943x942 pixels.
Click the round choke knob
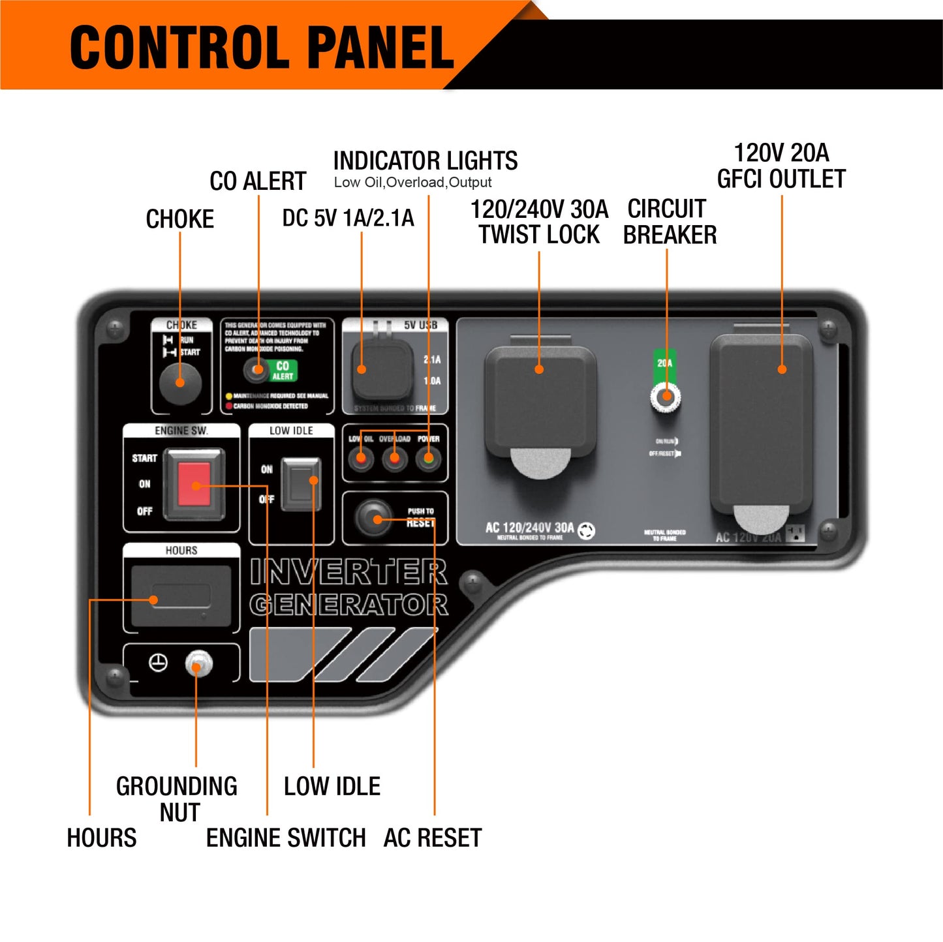pyautogui.click(x=180, y=383)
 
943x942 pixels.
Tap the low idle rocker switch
pyautogui.click(x=301, y=484)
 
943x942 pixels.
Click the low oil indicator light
pyautogui.click(x=360, y=459)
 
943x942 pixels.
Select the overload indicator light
pyautogui.click(x=394, y=459)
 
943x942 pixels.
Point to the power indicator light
pyautogui.click(x=428, y=459)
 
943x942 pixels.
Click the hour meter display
pyautogui.click(x=181, y=596)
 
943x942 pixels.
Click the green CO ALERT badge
pyautogui.click(x=283, y=371)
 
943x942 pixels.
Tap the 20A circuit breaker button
pyautogui.click(x=666, y=397)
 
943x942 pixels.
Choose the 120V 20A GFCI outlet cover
pyautogui.click(x=762, y=424)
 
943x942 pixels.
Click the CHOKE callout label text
pyautogui.click(x=180, y=219)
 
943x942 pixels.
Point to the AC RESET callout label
pyautogui.click(x=433, y=838)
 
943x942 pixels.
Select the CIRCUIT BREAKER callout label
pyautogui.click(x=669, y=222)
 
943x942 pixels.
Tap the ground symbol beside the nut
pyautogui.click(x=158, y=663)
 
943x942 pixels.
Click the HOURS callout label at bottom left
pyautogui.click(x=102, y=838)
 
